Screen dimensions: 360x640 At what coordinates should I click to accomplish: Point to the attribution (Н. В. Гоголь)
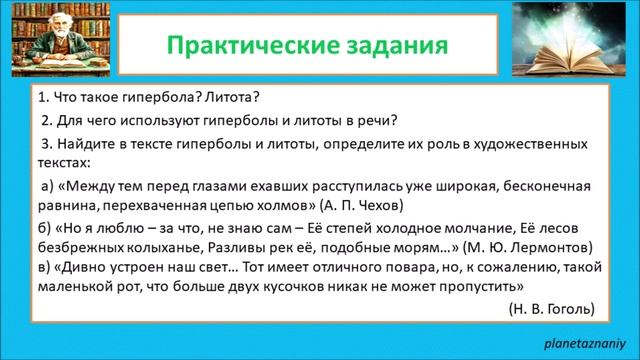point(552,306)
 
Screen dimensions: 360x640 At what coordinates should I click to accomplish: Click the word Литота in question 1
point(230,99)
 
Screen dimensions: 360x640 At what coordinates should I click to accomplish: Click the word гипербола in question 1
point(152,99)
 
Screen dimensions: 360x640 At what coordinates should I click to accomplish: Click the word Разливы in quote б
point(211,245)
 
